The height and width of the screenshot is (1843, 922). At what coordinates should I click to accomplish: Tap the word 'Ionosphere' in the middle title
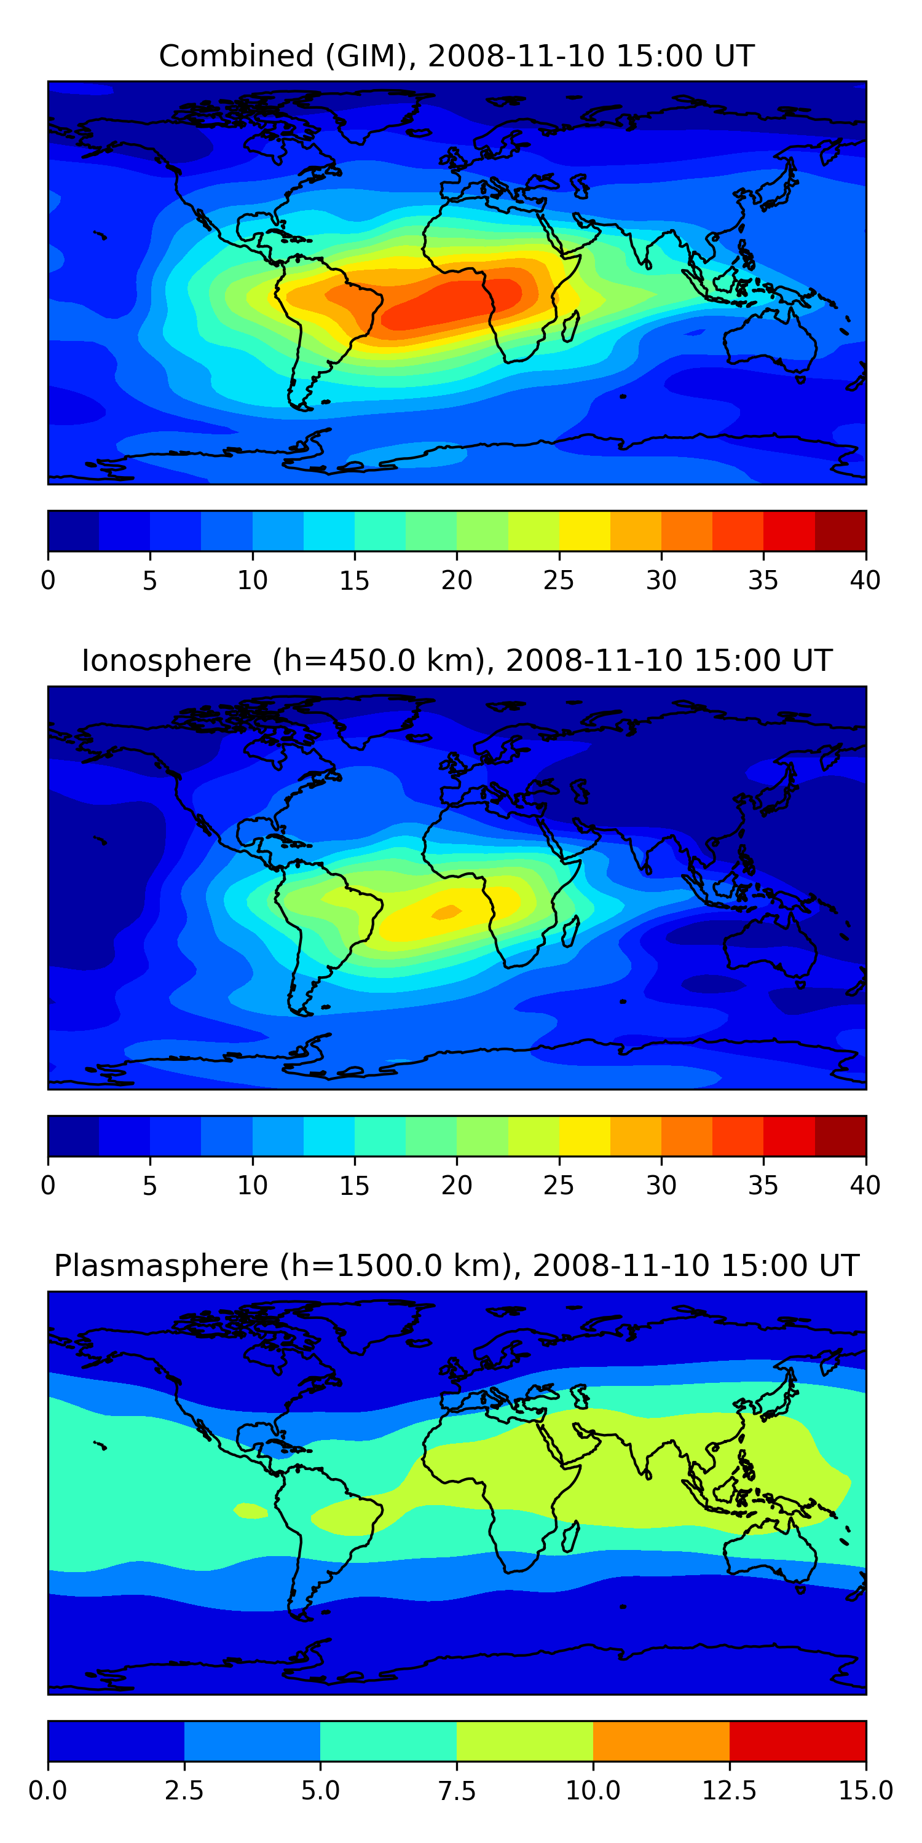coord(166,660)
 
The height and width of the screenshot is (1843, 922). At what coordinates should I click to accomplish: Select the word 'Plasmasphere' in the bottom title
coord(161,1266)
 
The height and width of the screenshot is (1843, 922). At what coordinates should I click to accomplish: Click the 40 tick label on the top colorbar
coord(865,580)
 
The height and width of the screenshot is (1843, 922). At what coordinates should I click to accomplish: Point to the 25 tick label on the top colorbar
coord(558,580)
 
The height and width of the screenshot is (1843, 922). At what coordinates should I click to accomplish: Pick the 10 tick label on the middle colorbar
coord(252,1186)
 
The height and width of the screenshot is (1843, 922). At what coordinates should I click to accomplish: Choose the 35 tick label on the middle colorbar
coord(763,1186)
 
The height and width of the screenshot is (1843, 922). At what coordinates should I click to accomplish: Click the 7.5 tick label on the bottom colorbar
coord(457,1791)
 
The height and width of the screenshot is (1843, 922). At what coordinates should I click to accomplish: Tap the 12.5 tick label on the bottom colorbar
coord(729,1791)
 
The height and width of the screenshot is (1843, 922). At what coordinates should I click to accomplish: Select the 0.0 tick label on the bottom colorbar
coord(48,1791)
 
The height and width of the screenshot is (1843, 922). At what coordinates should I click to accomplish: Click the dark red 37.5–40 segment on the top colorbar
coord(840,531)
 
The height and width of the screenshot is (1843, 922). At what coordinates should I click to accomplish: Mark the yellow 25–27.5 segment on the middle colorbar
coord(584,1135)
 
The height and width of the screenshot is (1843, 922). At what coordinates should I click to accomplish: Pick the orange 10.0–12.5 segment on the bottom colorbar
coord(661,1740)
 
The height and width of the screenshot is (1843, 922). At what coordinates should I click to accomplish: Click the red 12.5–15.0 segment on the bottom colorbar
coord(797,1740)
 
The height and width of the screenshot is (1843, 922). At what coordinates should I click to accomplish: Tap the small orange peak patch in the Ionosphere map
coord(447,912)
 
